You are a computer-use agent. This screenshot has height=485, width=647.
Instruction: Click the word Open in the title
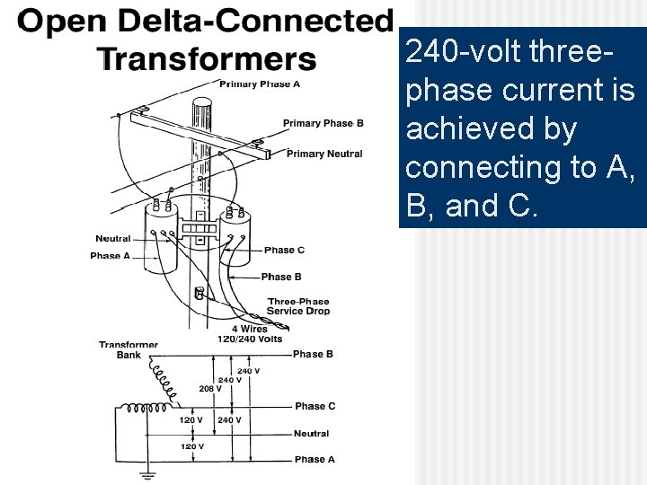(57, 22)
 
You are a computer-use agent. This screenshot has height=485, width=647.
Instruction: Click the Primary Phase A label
(261, 84)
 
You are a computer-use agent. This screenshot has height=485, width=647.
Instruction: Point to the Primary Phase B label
(323, 123)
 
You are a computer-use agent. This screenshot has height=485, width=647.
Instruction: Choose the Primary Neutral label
(324, 154)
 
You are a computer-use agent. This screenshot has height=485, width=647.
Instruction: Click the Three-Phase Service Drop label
(298, 306)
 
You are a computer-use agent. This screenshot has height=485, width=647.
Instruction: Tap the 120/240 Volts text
(250, 339)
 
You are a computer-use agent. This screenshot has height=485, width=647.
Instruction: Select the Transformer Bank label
(129, 349)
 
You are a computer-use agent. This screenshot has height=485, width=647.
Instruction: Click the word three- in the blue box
(572, 51)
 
